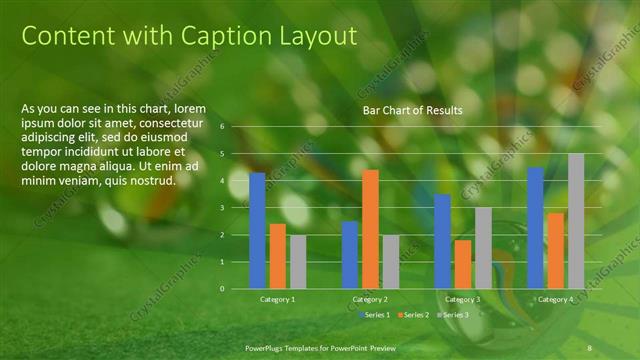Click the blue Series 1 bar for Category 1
[258, 230]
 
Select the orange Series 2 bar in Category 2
[370, 229]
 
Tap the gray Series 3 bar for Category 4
[576, 221]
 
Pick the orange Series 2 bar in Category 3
[463, 264]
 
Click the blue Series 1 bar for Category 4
[535, 227]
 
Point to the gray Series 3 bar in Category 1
[298, 261]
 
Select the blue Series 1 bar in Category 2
[350, 254]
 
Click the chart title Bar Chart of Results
[405, 109]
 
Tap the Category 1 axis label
[278, 299]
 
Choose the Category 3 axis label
[462, 299]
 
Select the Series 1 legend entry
[376, 315]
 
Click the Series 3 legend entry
[454, 315]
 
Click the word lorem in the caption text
[190, 108]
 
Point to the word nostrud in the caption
[152, 180]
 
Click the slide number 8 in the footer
[590, 346]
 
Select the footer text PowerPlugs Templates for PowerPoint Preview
[320, 346]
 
